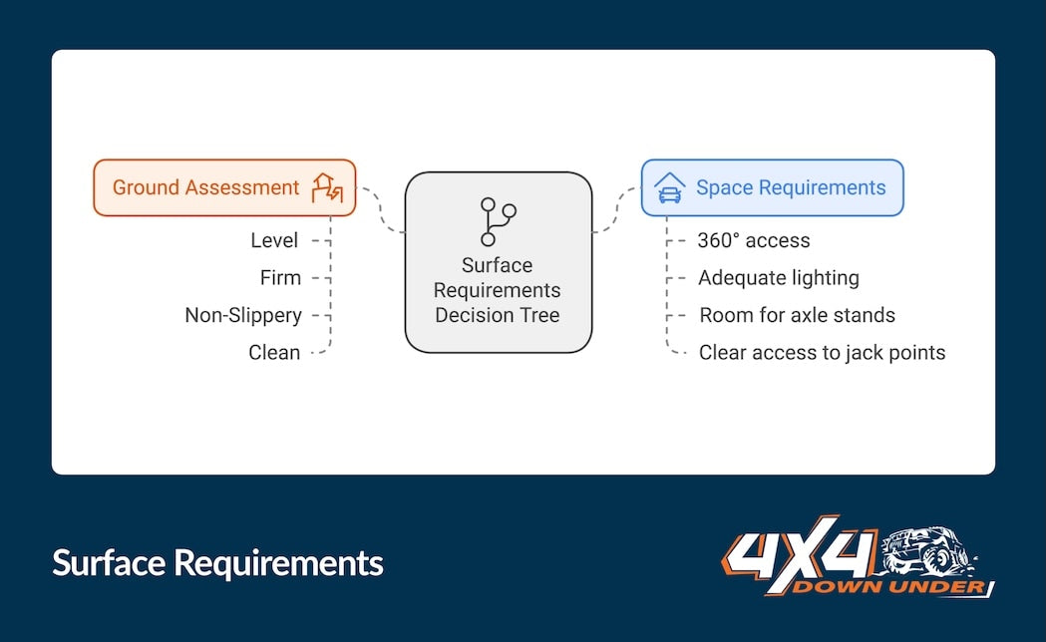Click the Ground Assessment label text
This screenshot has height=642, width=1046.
point(205,187)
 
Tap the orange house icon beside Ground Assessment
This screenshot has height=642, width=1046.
point(327,188)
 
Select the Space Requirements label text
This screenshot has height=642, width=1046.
point(791,187)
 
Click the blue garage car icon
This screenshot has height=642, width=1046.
point(670,188)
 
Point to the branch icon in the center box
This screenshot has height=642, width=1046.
point(498,221)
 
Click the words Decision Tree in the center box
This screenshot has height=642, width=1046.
point(498,315)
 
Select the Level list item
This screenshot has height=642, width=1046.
point(274,240)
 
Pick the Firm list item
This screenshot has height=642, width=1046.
point(280,277)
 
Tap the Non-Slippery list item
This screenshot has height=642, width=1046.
point(243,315)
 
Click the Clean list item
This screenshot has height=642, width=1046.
point(274,352)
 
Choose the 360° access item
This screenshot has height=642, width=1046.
point(754,240)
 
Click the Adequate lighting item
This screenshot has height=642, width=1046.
point(779,278)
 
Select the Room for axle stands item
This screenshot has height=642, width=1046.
point(797,315)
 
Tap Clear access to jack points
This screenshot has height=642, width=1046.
point(822,352)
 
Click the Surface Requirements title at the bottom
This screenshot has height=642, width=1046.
point(217,563)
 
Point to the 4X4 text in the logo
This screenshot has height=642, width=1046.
point(801,553)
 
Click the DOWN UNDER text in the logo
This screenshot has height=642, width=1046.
point(888,587)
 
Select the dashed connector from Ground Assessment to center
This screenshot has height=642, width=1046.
point(381,208)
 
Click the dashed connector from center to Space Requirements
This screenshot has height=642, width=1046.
point(617,209)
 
